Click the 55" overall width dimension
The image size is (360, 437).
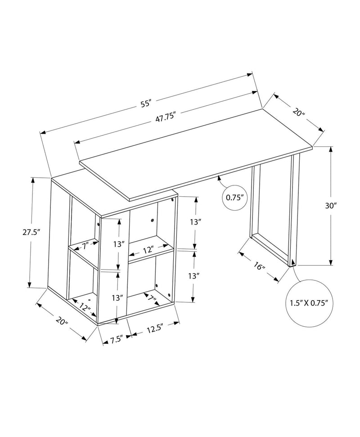point(145,104)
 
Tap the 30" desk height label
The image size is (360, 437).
point(331,206)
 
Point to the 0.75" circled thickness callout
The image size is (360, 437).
point(235,197)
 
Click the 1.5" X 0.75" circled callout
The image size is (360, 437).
point(308,302)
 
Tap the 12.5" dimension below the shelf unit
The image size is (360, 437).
point(154,329)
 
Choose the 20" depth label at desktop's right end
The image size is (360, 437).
point(298,113)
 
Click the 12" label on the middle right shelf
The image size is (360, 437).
point(149,249)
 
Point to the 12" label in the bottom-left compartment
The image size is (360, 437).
point(84,306)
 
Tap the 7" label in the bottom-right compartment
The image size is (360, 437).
point(150,297)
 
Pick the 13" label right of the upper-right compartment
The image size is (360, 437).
point(195,222)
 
